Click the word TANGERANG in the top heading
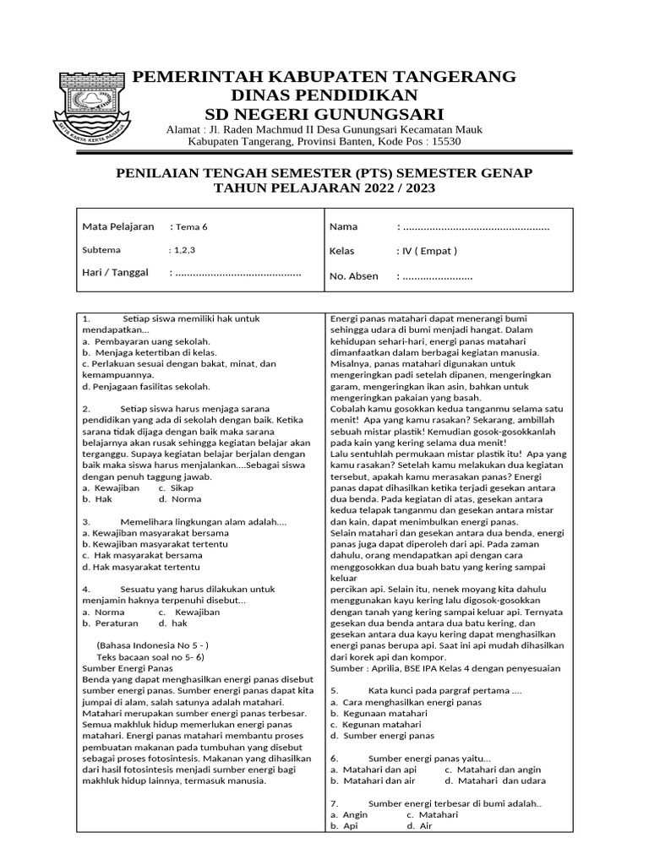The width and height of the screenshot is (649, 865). pyautogui.click(x=458, y=77)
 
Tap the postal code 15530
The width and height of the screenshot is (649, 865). pyautogui.click(x=444, y=142)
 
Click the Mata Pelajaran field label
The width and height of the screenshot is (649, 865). pyautogui.click(x=117, y=226)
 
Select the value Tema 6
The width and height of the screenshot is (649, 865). pyautogui.click(x=191, y=226)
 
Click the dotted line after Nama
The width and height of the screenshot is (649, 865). pyautogui.click(x=476, y=226)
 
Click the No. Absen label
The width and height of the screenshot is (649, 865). pyautogui.click(x=353, y=276)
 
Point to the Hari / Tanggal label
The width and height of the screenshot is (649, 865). pyautogui.click(x=115, y=272)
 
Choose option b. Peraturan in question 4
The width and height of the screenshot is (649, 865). pyautogui.click(x=110, y=623)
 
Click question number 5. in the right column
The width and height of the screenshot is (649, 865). pyautogui.click(x=335, y=690)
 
